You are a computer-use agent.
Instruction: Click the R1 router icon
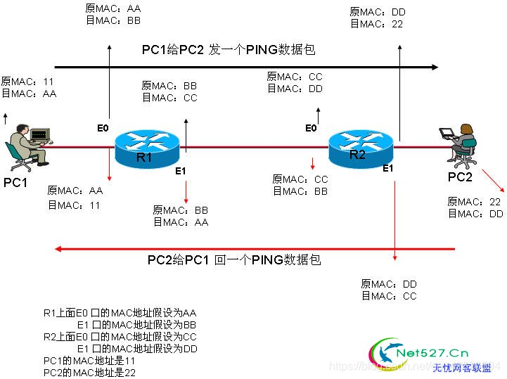147,146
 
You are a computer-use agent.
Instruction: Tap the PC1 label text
15,183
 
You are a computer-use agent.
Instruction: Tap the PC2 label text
461,176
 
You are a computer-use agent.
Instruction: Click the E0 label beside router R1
103,128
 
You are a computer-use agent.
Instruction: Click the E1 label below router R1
180,171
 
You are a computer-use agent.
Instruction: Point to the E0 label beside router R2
311,128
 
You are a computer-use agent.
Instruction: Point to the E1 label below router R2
388,169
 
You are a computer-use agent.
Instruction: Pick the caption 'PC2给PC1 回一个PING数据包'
234,260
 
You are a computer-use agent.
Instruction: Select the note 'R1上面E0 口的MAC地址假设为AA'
120,313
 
